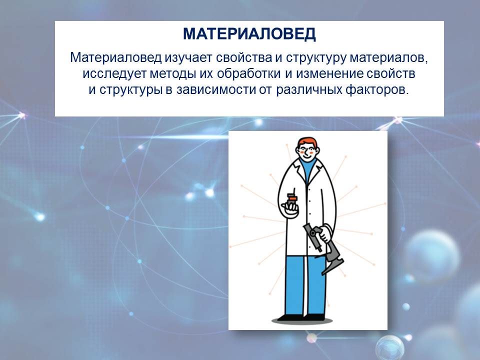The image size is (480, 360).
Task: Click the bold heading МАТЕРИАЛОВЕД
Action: point(249,34)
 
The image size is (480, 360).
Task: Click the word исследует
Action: point(115,74)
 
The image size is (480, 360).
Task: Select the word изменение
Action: point(329,74)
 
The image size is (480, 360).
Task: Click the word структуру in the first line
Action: point(316,57)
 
